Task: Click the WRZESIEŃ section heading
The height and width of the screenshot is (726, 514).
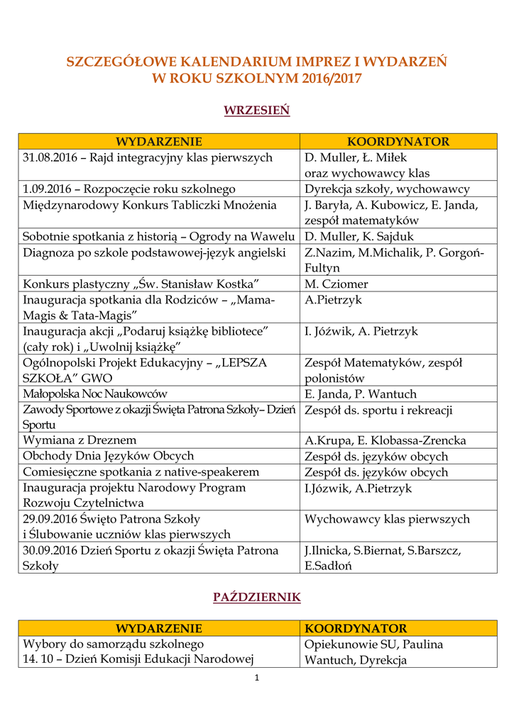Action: click(x=257, y=111)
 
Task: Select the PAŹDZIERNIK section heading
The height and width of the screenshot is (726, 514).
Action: click(x=257, y=598)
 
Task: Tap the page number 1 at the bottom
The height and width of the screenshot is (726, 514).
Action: click(x=257, y=678)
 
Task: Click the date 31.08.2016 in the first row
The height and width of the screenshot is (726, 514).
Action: click(x=50, y=157)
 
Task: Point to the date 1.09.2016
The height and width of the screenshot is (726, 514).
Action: click(x=48, y=189)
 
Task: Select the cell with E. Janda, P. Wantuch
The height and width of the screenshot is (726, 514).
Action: click(x=361, y=394)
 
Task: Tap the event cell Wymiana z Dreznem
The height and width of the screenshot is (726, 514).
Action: click(x=80, y=440)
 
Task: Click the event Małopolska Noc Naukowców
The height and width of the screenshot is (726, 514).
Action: click(x=95, y=394)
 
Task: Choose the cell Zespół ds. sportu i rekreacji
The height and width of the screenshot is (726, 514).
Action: click(x=378, y=410)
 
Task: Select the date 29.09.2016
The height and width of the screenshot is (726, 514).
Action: click(x=51, y=519)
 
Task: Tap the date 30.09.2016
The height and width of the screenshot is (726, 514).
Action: click(x=51, y=550)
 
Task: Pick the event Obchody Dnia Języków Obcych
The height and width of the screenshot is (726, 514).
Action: click(x=109, y=456)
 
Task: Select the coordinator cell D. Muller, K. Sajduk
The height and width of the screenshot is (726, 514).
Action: click(x=359, y=237)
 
